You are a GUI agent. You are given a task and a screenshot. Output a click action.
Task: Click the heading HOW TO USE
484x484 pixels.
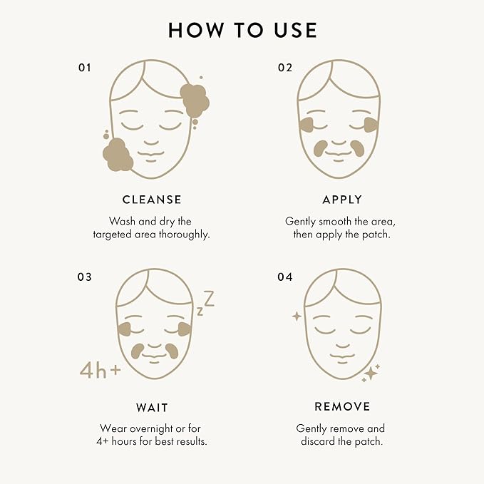(x=242, y=30)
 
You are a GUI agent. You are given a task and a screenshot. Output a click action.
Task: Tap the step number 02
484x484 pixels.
(x=285, y=68)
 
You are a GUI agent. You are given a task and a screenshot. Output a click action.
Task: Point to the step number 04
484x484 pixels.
(x=285, y=277)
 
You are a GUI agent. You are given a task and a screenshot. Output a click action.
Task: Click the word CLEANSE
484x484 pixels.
(x=152, y=200)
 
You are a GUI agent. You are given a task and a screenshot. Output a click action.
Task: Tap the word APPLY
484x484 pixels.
(x=342, y=200)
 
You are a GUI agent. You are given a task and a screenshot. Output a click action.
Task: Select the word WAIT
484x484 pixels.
(x=152, y=408)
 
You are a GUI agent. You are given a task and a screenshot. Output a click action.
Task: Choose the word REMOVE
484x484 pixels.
(x=342, y=407)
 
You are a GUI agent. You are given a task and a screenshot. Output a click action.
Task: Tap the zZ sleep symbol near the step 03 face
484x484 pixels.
(x=206, y=303)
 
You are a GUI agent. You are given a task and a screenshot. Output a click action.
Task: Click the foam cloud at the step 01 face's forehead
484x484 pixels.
(x=195, y=100)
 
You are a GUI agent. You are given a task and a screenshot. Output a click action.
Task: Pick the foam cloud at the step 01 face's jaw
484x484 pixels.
(x=118, y=155)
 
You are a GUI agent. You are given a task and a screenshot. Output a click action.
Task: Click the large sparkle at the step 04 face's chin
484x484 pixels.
(x=369, y=374)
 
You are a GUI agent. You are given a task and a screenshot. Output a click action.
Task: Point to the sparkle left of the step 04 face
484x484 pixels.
(x=296, y=316)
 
